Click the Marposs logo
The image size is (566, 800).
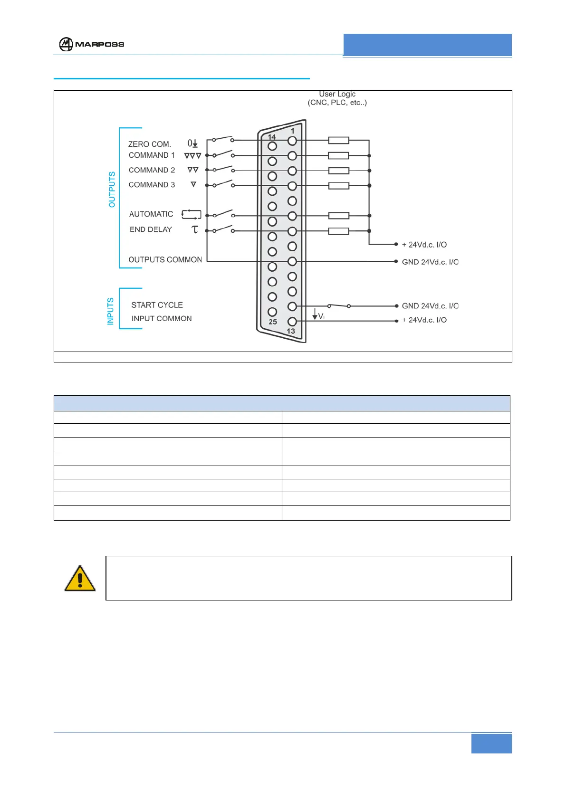pyautogui.click(x=91, y=44)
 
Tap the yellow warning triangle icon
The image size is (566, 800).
pyautogui.click(x=80, y=579)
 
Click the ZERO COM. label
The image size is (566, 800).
pyautogui.click(x=149, y=144)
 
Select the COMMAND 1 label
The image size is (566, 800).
pyautogui.click(x=152, y=155)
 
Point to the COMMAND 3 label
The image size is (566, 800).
pyautogui.click(x=152, y=185)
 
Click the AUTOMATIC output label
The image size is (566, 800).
pyautogui.click(x=151, y=214)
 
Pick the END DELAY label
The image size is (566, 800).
pyautogui.click(x=151, y=229)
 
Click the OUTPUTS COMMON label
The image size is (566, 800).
pyautogui.click(x=165, y=260)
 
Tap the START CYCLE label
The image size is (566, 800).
pyautogui.click(x=157, y=305)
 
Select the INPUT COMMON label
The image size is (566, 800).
pyautogui.click(x=162, y=319)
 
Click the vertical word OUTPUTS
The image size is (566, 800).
pyautogui.click(x=112, y=190)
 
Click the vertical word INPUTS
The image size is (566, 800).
pyautogui.click(x=111, y=311)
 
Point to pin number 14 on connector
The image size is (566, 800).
pyautogui.click(x=272, y=137)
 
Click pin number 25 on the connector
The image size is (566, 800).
pyautogui.click(x=273, y=322)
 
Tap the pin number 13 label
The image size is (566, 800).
pyautogui.click(x=291, y=331)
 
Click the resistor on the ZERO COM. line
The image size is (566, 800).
pyautogui.click(x=339, y=140)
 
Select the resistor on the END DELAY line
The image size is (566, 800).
pyautogui.click(x=339, y=231)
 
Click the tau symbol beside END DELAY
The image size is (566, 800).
pyautogui.click(x=194, y=229)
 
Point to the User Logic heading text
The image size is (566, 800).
pyautogui.click(x=337, y=94)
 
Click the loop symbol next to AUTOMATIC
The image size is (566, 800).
pyautogui.click(x=192, y=215)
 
